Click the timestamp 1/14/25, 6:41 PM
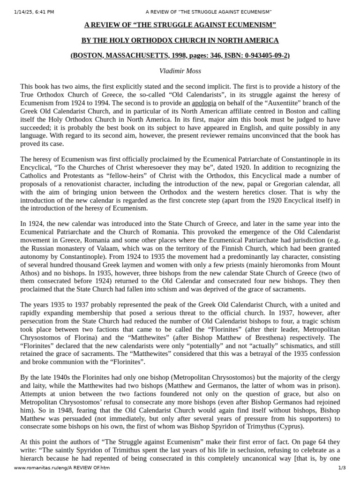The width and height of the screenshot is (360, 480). pyautogui.click(x=34, y=12)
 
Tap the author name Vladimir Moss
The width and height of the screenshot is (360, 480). pyautogui.click(x=180, y=71)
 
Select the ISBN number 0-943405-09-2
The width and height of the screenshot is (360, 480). pyautogui.click(x=266, y=55)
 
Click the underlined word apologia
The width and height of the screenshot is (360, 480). pyautogui.click(x=204, y=103)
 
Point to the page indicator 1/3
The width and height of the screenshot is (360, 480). pyautogui.click(x=342, y=468)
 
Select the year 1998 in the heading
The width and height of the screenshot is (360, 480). pyautogui.click(x=177, y=55)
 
